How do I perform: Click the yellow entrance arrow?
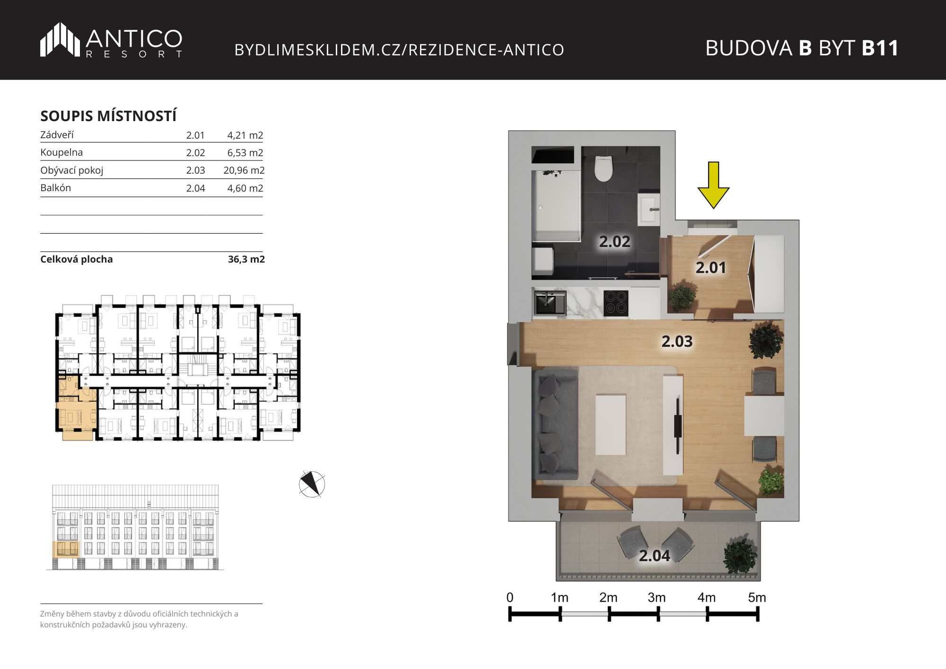(713, 185)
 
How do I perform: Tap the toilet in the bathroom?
(603, 169)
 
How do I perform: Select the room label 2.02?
(614, 242)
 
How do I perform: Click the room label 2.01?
(710, 268)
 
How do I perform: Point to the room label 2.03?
(677, 341)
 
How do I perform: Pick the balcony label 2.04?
(655, 556)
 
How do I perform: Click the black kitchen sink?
(551, 302)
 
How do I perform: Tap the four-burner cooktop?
(616, 302)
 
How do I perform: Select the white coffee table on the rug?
(611, 425)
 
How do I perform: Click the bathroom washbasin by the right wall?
(649, 209)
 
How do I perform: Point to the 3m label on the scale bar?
(657, 598)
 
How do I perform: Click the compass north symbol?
(312, 484)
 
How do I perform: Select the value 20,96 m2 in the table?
(244, 170)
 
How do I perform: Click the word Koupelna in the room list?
(61, 152)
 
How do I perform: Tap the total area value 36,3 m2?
(246, 259)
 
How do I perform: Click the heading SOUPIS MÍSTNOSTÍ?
(108, 116)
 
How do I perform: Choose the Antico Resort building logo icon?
(60, 39)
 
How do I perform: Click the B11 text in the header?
(880, 48)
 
